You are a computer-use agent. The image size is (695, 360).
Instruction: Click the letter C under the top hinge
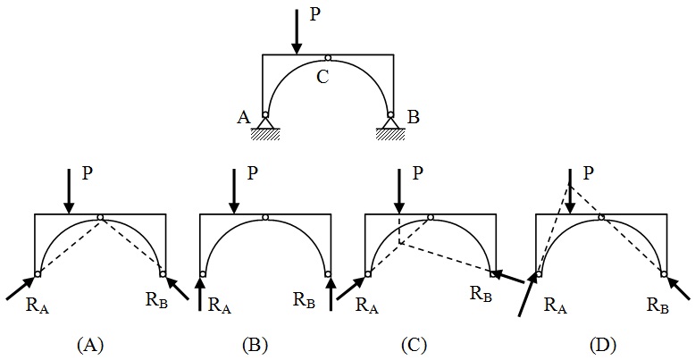point(324,76)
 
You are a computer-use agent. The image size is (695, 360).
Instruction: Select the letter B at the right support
point(411,117)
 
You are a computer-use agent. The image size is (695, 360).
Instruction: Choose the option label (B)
point(256,343)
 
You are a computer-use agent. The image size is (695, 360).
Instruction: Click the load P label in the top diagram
point(314,15)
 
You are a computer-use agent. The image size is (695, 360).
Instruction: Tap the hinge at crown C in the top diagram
point(328,58)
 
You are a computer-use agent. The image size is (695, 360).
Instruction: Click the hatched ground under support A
point(265,134)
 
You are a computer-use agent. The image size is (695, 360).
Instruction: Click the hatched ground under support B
point(390,134)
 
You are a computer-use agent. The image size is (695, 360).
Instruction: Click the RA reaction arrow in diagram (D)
point(529,296)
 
